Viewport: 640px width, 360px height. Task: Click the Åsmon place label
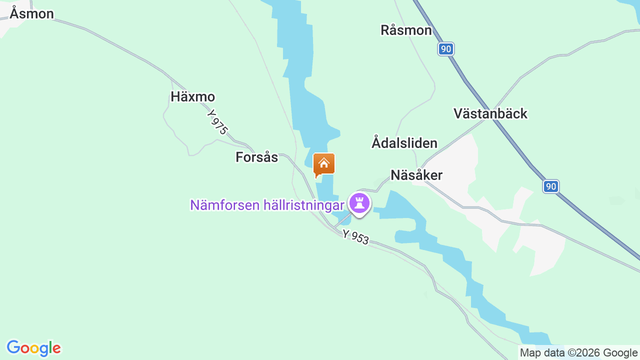[x=31, y=14]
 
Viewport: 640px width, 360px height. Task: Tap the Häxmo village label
[x=192, y=97]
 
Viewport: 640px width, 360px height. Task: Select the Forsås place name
[x=256, y=157]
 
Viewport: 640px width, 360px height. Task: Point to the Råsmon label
[x=406, y=30]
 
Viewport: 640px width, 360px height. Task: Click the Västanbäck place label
[x=490, y=114]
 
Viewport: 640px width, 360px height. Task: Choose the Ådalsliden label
[x=404, y=143]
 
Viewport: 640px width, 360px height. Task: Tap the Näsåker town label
[x=416, y=175]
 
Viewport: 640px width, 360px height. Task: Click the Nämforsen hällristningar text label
[x=267, y=205]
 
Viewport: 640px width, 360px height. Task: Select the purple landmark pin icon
[x=359, y=203]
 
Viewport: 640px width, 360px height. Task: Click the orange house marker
[x=323, y=164]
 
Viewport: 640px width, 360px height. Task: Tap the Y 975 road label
[x=217, y=122]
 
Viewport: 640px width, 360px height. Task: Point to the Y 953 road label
[x=355, y=237]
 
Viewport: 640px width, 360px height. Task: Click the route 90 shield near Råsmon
[x=446, y=49]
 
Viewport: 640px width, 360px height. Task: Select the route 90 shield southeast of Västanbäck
[x=550, y=187]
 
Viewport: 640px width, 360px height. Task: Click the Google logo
[x=33, y=348]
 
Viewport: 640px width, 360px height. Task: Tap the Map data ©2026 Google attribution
[x=578, y=352]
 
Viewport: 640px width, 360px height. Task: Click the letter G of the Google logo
[x=13, y=347]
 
